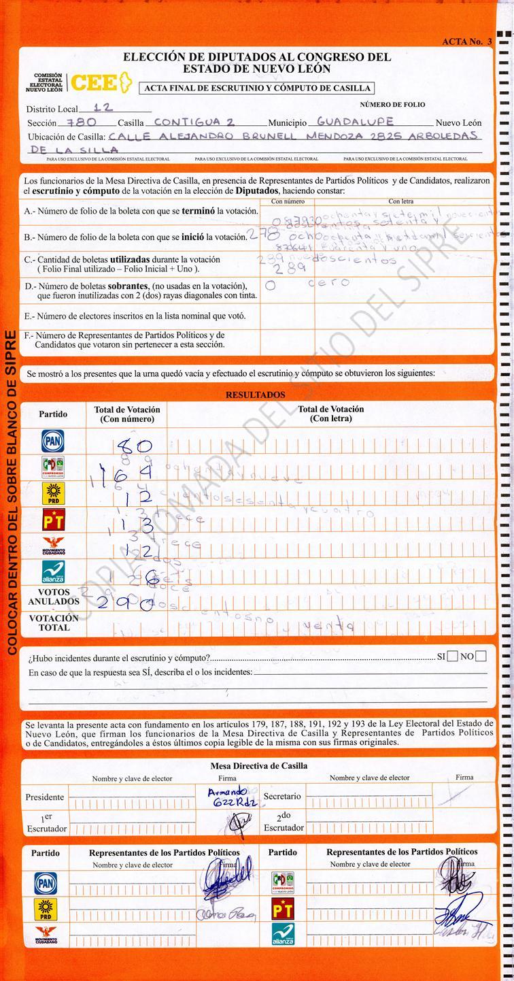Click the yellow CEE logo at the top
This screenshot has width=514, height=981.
(99, 82)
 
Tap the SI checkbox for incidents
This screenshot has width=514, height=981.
(452, 656)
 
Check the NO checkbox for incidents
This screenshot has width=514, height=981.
(481, 656)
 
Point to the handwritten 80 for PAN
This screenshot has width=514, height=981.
(135, 447)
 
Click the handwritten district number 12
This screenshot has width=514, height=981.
(103, 107)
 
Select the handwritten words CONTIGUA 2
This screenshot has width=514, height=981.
(194, 122)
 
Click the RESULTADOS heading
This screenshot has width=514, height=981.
(256, 395)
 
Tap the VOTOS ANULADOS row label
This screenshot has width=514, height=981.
(53, 597)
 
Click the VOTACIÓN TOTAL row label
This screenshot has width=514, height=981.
(53, 622)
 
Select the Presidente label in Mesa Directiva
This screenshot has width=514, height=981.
(45, 797)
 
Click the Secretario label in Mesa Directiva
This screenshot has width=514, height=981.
(282, 795)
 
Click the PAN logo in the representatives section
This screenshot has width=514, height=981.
(46, 882)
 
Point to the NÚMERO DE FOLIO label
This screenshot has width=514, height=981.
(392, 104)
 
